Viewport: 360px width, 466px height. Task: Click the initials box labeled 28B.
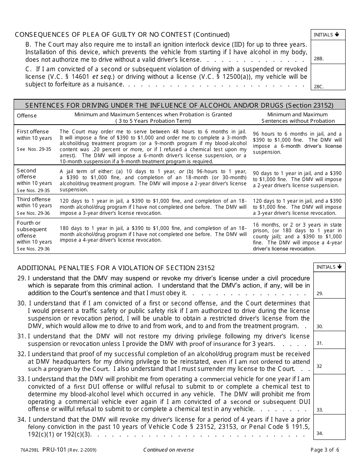328,52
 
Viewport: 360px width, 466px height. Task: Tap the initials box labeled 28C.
328,77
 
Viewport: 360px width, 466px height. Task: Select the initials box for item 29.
329,285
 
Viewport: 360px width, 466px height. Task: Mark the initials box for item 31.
329,339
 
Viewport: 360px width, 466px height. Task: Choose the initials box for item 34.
329,427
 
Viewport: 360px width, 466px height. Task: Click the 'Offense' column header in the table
27,116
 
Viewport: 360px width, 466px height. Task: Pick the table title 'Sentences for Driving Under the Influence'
179,105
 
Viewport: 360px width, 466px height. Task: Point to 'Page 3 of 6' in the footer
325,450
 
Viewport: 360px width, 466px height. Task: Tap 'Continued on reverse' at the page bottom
168,450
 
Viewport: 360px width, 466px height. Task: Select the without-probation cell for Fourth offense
297,237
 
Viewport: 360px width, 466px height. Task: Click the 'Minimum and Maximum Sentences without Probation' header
297,117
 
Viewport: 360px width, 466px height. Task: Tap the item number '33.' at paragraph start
22,378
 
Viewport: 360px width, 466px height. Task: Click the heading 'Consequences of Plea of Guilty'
122,34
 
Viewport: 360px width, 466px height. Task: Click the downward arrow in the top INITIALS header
337,34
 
